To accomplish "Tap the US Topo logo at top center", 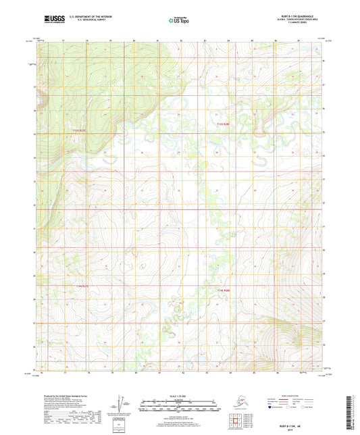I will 179,22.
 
